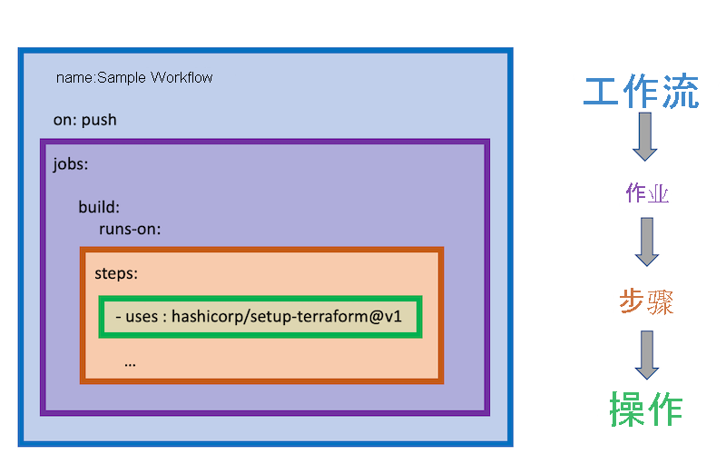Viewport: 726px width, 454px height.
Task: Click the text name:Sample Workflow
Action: point(134,78)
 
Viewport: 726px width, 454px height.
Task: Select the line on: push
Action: point(85,120)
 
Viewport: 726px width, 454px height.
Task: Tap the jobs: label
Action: point(71,165)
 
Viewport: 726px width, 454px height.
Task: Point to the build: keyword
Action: point(99,207)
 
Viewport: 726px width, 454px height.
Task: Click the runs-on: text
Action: point(130,229)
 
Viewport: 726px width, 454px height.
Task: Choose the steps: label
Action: point(116,273)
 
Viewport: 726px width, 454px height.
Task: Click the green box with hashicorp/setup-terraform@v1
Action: point(260,317)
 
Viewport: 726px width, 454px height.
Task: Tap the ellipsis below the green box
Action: point(130,361)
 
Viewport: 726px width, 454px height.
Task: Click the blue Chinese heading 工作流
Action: point(641,93)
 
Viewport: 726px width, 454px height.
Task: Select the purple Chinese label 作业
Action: point(647,193)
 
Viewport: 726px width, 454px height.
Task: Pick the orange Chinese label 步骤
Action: point(646,301)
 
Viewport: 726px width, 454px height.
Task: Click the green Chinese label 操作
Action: point(645,408)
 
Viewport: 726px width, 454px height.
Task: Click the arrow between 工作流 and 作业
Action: point(645,136)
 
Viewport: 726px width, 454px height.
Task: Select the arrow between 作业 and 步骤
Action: point(646,242)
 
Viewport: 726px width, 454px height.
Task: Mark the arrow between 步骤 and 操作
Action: point(646,354)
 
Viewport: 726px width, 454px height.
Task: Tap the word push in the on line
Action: point(99,120)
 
